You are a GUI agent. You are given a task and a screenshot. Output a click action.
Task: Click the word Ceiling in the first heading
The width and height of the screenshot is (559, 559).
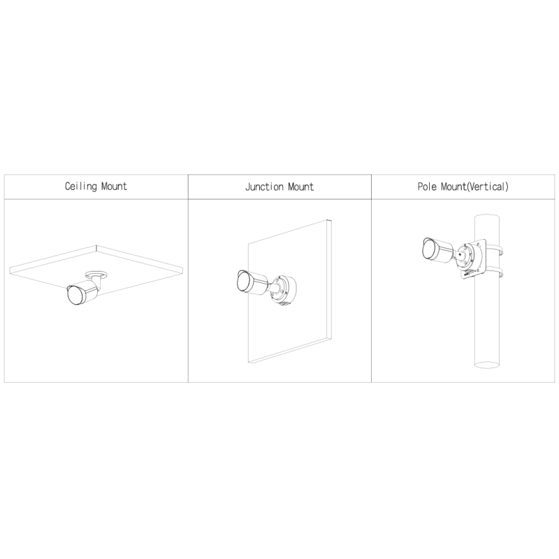click(80, 187)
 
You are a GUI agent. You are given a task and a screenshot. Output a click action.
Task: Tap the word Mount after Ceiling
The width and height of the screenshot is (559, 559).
click(114, 186)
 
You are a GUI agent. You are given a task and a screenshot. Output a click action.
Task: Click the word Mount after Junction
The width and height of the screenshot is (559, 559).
click(301, 187)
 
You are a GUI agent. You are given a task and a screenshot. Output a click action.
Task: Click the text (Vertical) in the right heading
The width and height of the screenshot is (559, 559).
click(487, 187)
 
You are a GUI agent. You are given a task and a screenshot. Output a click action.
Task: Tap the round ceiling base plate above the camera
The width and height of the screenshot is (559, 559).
click(96, 274)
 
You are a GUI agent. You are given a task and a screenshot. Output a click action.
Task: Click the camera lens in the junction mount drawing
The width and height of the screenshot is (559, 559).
click(243, 282)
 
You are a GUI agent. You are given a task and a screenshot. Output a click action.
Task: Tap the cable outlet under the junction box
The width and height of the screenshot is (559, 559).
click(285, 304)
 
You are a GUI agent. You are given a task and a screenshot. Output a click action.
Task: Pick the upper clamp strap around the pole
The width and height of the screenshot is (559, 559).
click(493, 249)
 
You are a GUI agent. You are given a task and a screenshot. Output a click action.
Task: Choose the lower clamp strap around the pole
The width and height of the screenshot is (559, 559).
click(493, 271)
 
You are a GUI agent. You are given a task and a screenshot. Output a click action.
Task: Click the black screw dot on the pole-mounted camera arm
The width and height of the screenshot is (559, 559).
click(459, 255)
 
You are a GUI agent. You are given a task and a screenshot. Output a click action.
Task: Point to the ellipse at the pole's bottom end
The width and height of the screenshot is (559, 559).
click(486, 364)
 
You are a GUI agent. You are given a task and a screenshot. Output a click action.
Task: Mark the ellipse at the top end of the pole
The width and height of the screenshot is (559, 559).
click(486, 217)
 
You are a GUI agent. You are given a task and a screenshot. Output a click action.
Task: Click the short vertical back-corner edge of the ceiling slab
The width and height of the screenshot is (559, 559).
click(96, 248)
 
